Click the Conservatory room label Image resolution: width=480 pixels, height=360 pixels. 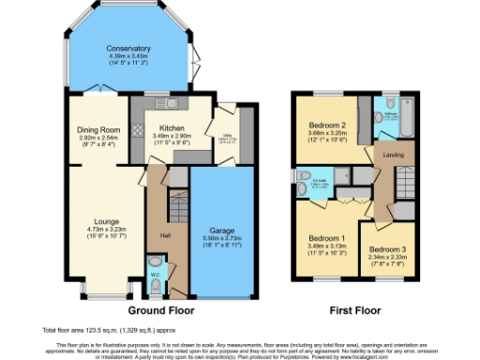pyautogui.click(x=128, y=49)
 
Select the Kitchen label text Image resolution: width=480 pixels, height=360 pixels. pyautogui.click(x=172, y=127)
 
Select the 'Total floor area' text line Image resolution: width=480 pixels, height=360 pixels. pyautogui.click(x=109, y=330)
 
